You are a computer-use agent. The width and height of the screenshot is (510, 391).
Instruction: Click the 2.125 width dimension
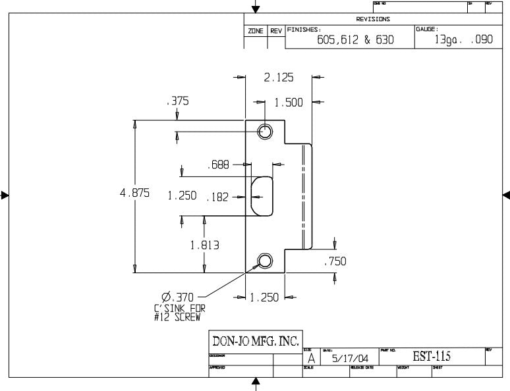click(x=279, y=78)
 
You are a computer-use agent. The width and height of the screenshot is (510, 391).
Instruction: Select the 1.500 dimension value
click(x=289, y=103)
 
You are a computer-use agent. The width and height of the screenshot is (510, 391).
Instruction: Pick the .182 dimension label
click(x=217, y=196)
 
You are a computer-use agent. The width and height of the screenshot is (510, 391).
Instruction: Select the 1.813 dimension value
click(x=204, y=245)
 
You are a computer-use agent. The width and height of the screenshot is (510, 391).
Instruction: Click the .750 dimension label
click(x=335, y=261)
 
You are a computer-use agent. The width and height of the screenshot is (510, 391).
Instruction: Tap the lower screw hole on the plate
click(x=265, y=261)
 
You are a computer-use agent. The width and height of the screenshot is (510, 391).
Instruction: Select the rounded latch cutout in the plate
click(x=262, y=195)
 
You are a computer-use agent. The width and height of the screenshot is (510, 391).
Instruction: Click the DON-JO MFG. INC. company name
click(x=255, y=341)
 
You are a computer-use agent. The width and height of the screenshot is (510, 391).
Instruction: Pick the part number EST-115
click(x=432, y=356)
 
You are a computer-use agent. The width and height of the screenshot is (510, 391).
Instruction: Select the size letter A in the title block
click(x=311, y=359)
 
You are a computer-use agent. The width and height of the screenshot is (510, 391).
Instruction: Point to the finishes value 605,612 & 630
click(x=355, y=39)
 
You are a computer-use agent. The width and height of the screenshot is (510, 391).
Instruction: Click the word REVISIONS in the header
click(x=373, y=19)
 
